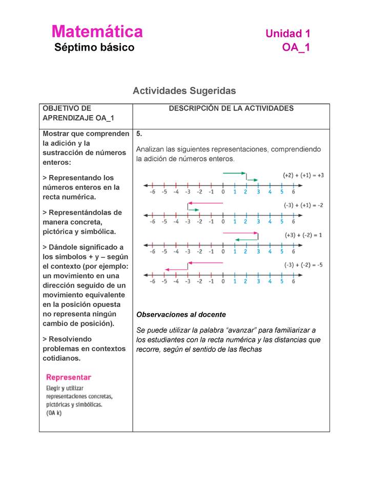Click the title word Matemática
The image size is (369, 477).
(97, 32)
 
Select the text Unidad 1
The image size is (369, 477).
(287, 34)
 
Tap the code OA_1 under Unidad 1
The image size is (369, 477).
(296, 48)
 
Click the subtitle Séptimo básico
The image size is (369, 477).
(94, 48)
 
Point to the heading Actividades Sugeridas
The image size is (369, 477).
(184, 91)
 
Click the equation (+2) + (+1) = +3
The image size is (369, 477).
(303, 175)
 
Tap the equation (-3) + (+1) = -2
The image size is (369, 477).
(303, 205)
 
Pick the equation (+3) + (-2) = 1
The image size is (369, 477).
(303, 235)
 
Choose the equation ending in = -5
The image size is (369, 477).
(303, 265)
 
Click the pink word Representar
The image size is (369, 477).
(69, 377)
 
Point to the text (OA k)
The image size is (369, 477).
(54, 413)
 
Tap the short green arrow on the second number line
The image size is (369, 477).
(193, 210)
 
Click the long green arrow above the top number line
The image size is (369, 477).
(235, 174)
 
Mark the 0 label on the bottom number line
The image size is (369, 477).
(223, 281)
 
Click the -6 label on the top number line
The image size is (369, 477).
(152, 192)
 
